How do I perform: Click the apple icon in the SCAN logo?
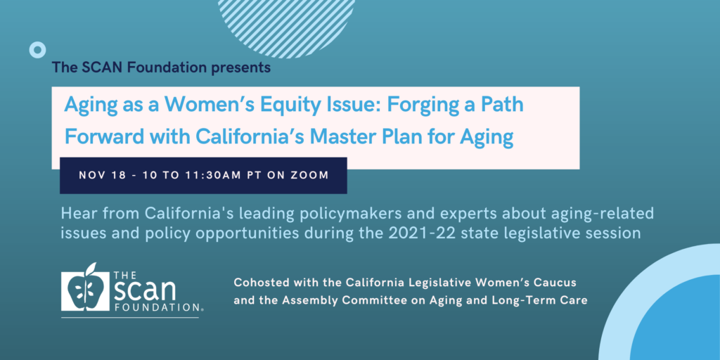tap(86, 289)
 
